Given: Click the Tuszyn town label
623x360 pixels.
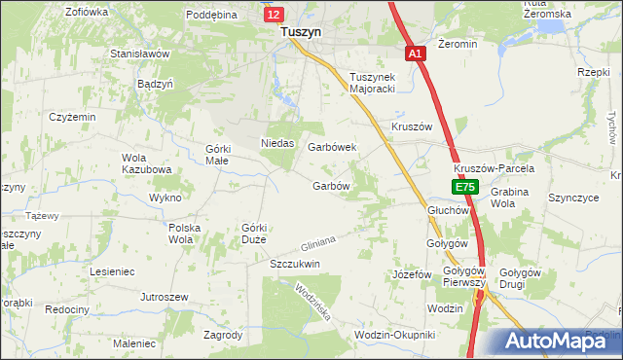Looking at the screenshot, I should pos(295,31).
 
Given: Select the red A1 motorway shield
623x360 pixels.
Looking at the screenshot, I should pos(416,54).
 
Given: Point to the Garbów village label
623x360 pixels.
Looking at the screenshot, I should pos(331,185).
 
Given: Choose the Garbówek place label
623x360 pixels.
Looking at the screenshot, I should pos(332,147).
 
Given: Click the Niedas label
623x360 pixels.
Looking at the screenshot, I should pos(278,143).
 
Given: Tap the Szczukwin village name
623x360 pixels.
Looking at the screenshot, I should pos(295,264).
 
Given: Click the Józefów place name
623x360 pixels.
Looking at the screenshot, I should pos(411,274).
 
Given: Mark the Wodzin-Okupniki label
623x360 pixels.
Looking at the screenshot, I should pos(395,334).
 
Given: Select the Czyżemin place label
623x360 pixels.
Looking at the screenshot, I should pos(73,116).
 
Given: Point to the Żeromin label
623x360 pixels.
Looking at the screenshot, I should pos(458,44).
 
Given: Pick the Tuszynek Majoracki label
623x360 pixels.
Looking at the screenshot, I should pos(376,83).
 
